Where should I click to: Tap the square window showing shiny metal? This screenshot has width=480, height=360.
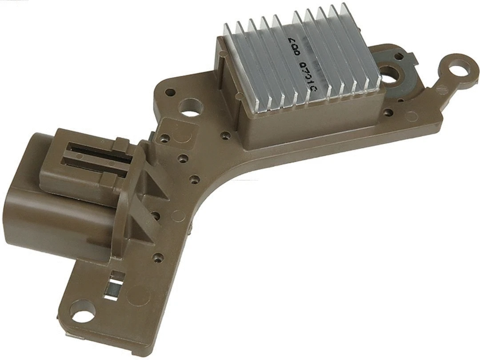pos(115,288)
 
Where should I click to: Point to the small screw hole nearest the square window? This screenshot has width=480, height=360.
pos(156,257)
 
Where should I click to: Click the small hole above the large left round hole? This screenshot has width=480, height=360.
pos(170,92)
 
